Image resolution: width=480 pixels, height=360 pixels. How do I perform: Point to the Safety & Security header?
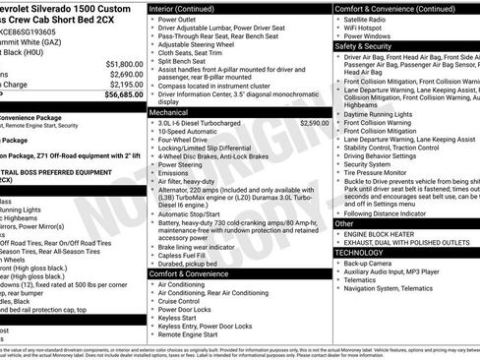pyautogui.click(x=362, y=45)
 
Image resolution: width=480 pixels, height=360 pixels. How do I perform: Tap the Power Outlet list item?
pyautogui.click(x=177, y=20)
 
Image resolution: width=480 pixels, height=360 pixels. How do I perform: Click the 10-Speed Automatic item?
pyautogui.click(x=191, y=132)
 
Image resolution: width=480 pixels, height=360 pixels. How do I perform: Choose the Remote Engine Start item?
pyautogui.click(x=191, y=334)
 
